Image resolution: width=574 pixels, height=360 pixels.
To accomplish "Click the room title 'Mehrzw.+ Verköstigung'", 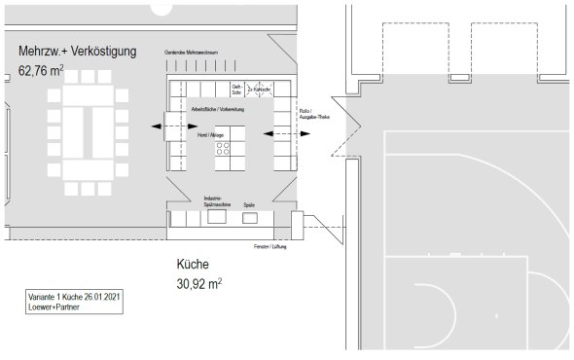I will coord(77,51).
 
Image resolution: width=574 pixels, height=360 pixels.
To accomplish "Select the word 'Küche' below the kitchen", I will coord(193,265).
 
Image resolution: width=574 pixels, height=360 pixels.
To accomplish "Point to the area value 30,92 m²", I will coord(198,283).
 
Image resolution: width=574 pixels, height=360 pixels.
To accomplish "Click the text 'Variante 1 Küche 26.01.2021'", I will coord(75,296).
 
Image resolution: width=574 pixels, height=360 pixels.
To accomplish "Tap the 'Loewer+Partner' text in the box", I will coord(55,306).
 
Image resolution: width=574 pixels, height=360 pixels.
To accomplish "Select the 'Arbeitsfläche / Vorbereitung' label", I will coord(217,110).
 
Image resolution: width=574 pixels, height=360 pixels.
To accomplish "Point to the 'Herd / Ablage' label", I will coord(211,134).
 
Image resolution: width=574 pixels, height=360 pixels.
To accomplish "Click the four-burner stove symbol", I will coord(223,150).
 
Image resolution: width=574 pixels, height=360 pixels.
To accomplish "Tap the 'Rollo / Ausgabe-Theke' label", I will coord(312,113).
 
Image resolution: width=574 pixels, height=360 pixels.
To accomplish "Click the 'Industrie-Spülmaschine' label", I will coord(216,201).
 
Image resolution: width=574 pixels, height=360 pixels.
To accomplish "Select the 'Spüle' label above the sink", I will coord(248,204).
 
